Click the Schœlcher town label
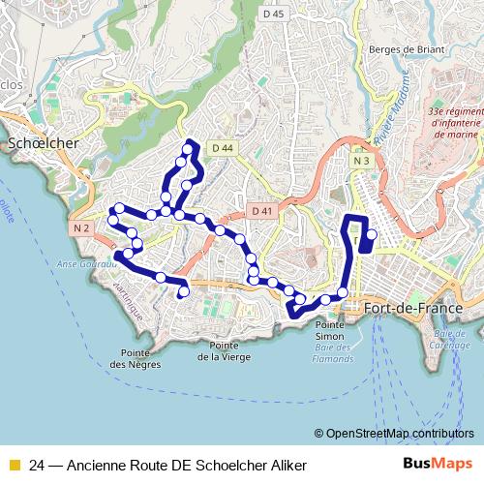click(x=43, y=142)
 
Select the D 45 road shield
click(x=274, y=14)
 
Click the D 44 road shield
click(x=223, y=148)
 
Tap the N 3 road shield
click(x=362, y=161)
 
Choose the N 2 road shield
click(x=80, y=228)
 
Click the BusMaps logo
click(x=438, y=465)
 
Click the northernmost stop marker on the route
click(x=187, y=150)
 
